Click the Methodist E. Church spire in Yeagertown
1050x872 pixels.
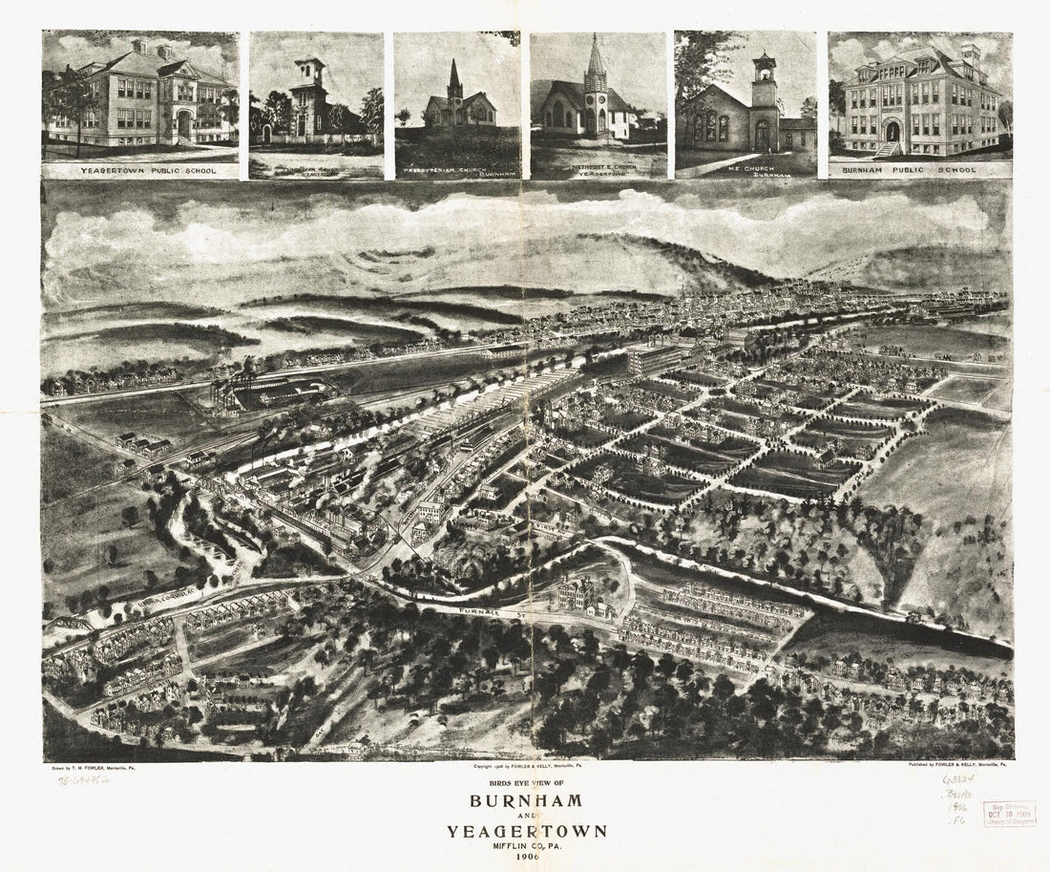[597, 57]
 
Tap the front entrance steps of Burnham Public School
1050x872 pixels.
[888, 147]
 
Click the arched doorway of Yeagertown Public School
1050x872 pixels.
[183, 125]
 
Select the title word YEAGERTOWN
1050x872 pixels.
[524, 830]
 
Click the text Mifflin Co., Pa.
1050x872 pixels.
[524, 846]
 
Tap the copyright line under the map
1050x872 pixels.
[524, 766]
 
